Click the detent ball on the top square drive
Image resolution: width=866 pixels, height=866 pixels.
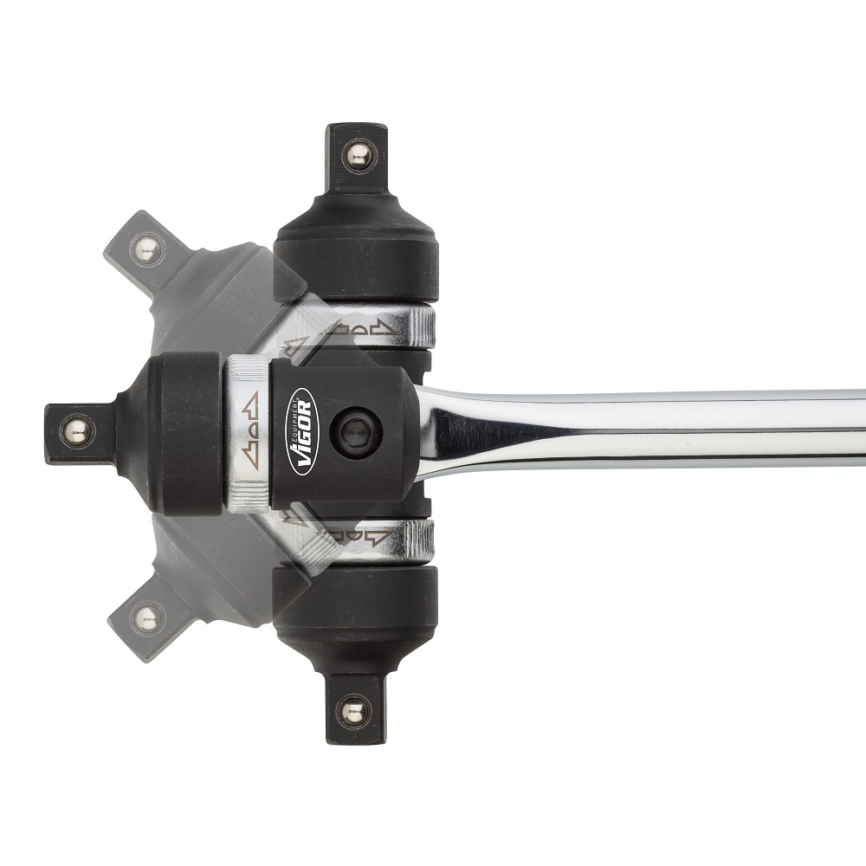click(x=358, y=158)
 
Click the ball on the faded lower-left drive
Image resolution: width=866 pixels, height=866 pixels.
click(x=147, y=618)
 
